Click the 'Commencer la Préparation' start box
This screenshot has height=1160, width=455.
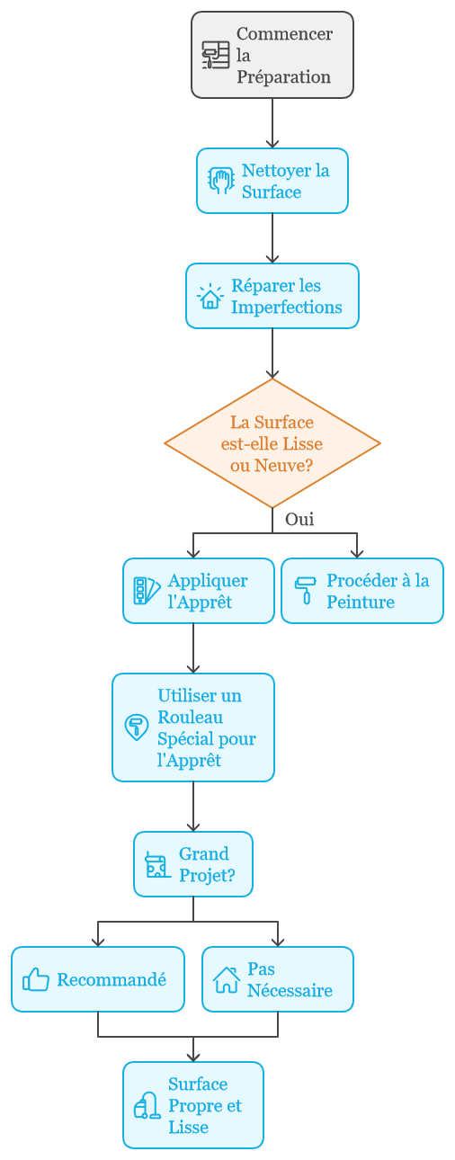pyautogui.click(x=272, y=55)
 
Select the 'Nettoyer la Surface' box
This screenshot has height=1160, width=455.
pyautogui.click(x=272, y=181)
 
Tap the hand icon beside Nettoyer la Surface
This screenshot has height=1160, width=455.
pyautogui.click(x=221, y=181)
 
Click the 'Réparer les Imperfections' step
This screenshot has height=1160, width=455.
pyautogui.click(x=272, y=296)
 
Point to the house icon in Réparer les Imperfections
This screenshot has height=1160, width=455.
pyautogui.click(x=210, y=296)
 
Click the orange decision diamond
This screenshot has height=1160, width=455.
pyautogui.click(x=272, y=443)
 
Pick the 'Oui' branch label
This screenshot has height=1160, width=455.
pyautogui.click(x=299, y=519)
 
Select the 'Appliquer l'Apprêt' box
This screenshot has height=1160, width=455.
pyautogui.click(x=199, y=591)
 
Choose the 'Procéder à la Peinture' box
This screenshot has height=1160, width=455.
pyautogui.click(x=362, y=591)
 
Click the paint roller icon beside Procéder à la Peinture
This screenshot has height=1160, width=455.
pyautogui.click(x=306, y=591)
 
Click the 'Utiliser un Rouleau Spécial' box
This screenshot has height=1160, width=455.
pyautogui.click(x=193, y=727)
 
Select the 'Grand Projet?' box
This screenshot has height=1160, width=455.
pyautogui.click(x=193, y=864)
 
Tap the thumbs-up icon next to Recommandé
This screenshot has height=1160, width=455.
pyautogui.click(x=36, y=979)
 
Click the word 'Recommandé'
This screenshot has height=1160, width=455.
pyautogui.click(x=112, y=980)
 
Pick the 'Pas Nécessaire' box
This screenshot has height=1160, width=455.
pyautogui.click(x=278, y=979)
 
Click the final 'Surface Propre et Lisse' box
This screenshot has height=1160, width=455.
pyautogui.click(x=193, y=1106)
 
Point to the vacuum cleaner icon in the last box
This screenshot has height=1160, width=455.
pyautogui.click(x=147, y=1106)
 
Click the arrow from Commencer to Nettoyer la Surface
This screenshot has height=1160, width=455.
pyautogui.click(x=272, y=123)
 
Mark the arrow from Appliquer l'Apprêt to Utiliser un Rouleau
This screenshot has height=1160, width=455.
pyautogui.click(x=193, y=648)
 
